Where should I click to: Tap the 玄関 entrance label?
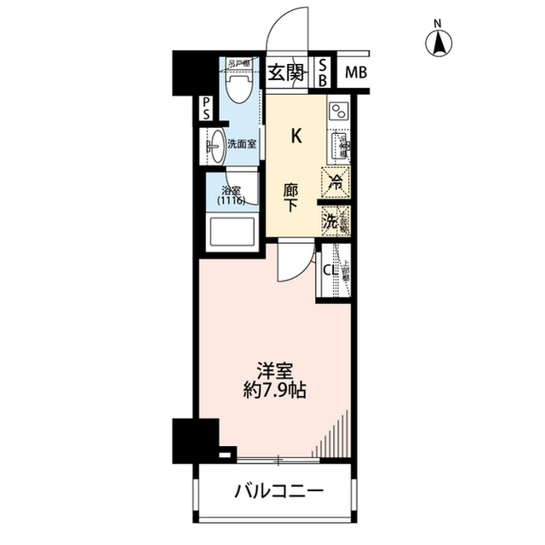[287, 72]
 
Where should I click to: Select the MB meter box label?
[355, 72]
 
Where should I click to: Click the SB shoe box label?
[324, 72]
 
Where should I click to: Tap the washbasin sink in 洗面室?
[216, 144]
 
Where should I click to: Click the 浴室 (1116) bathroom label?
[230, 196]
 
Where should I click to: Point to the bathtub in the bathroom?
[231, 233]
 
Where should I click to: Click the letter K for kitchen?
[296, 135]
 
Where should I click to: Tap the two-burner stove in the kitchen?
[337, 111]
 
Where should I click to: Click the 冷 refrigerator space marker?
[335, 183]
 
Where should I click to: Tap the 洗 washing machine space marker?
[333, 220]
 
